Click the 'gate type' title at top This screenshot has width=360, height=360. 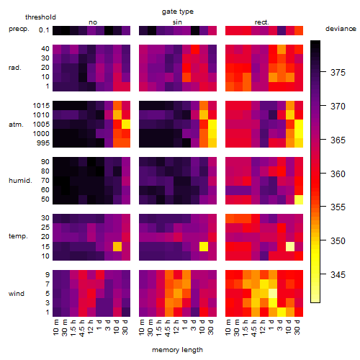[178, 12]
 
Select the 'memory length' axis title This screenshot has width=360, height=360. [177, 350]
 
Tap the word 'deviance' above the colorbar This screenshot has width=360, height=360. [341, 29]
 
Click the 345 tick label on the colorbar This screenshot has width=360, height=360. [338, 274]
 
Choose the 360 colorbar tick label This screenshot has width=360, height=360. [338, 174]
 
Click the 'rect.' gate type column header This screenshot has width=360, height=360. [262, 22]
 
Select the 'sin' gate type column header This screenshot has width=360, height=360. [177, 22]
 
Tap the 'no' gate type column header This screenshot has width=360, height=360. [93, 22]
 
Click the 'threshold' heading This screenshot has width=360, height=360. [40, 17]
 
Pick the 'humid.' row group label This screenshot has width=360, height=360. [20, 181]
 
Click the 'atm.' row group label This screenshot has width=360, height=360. [16, 125]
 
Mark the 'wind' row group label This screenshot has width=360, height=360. [17, 294]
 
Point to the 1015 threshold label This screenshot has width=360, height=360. [41, 106]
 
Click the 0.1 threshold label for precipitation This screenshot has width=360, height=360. [44, 30]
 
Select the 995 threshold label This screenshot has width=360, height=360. [43, 143]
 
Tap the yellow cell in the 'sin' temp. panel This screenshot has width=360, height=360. [204, 246]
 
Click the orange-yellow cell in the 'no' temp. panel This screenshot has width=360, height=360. [117, 246]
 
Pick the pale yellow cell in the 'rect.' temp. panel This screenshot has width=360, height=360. [290, 246]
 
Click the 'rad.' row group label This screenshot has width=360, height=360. [15, 68]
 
